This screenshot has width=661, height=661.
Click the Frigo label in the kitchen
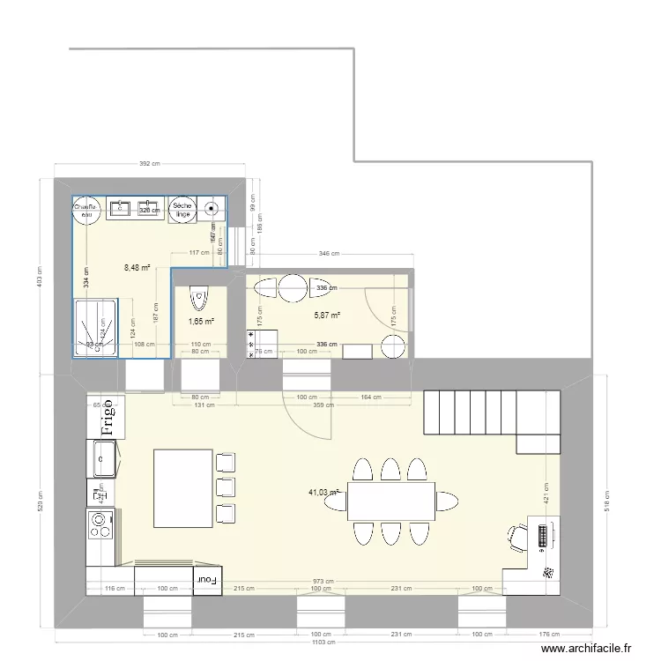coord(108,418)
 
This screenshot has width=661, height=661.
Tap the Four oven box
coord(207,578)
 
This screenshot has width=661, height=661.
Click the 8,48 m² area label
coord(137,268)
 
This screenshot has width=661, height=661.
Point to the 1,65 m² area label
coord(200,323)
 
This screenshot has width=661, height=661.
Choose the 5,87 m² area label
coord(328,315)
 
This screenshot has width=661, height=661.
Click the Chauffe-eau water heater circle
coord(86,208)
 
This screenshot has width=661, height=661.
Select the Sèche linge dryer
coord(182,208)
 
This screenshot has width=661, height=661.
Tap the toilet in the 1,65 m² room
coord(200,298)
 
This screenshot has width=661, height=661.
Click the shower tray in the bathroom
coord(94,329)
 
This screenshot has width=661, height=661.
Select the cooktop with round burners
coord(102,525)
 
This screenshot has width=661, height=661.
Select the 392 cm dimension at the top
coord(150,164)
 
